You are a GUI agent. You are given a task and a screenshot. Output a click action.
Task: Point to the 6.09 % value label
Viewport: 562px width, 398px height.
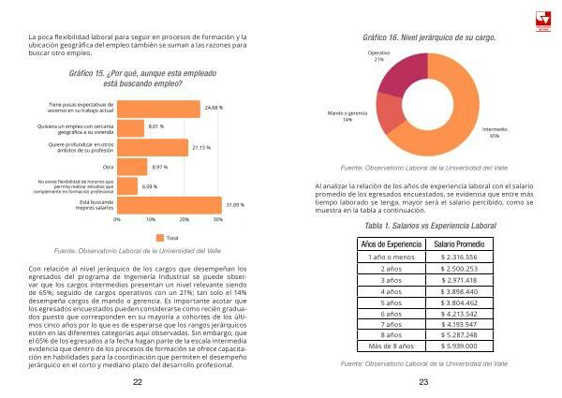[x=150, y=185]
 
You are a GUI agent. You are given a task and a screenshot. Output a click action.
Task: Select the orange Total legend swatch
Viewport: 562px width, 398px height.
[x=159, y=237]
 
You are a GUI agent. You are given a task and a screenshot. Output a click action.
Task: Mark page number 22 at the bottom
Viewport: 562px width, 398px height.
[x=138, y=383]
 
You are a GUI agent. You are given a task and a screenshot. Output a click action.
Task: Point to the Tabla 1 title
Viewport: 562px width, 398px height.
[x=423, y=226]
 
